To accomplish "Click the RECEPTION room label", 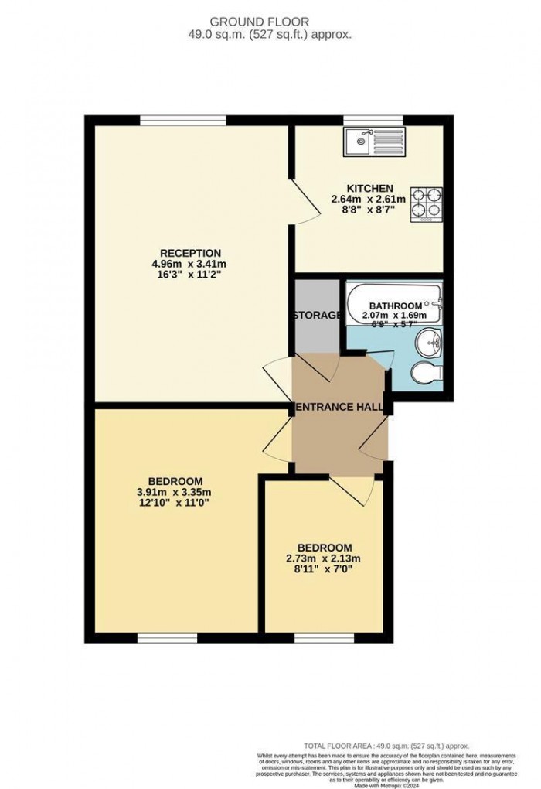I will pyautogui.click(x=191, y=253).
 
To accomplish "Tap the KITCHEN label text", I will pyautogui.click(x=370, y=189).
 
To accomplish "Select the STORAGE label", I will pyautogui.click(x=317, y=316).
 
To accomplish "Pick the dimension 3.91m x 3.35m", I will pyautogui.click(x=174, y=491).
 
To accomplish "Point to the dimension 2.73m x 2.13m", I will pyautogui.click(x=324, y=558).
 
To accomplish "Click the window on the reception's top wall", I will pyautogui.click(x=183, y=119).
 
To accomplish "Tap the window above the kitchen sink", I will pyautogui.click(x=373, y=119).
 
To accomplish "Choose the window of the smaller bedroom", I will pyautogui.click(x=324, y=638).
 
